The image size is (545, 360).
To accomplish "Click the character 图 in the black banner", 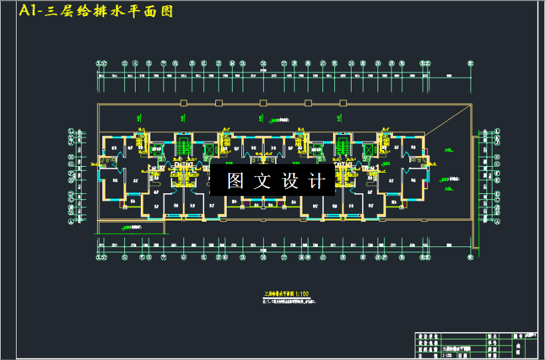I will [x=235, y=181].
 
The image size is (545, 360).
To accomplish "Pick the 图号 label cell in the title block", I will [x=517, y=337].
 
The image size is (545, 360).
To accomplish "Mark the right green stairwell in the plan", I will [x=342, y=147].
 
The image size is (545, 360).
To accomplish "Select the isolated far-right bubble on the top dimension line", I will [x=471, y=64].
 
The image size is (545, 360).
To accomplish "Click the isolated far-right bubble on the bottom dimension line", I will [x=471, y=256].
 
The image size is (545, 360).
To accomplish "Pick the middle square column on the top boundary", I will [x=265, y=102].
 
